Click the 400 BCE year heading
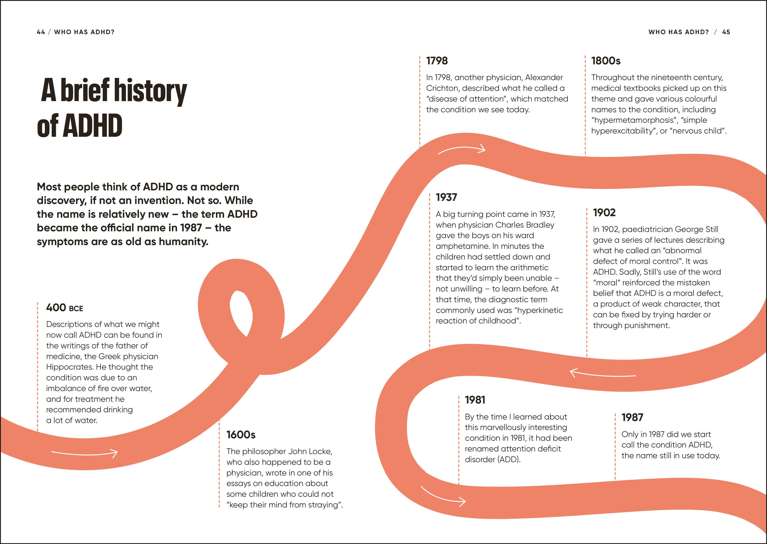[x=64, y=307]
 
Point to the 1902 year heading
[x=604, y=212]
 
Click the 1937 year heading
[x=446, y=197]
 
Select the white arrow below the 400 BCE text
[x=85, y=454]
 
